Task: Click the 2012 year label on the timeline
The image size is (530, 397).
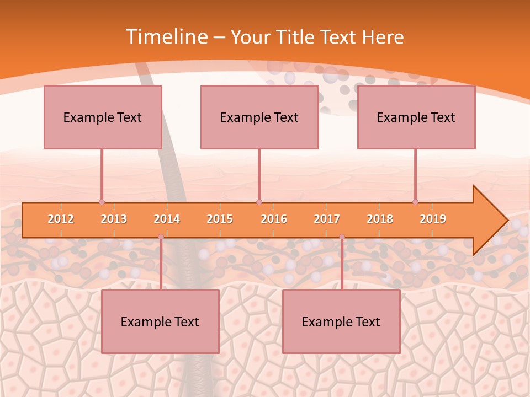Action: tap(61, 219)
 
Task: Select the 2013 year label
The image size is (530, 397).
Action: tap(114, 219)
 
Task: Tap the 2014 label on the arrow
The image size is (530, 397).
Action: tap(167, 219)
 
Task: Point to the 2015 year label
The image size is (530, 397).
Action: tap(220, 219)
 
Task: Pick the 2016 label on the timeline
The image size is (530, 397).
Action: tap(274, 219)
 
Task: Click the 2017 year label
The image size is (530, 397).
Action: tap(327, 219)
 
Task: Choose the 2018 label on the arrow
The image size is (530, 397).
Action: tap(380, 219)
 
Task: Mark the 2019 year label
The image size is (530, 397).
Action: tap(433, 219)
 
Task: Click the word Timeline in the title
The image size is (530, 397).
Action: tap(166, 37)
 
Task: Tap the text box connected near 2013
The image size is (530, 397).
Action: tap(103, 117)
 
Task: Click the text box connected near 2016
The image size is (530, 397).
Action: tap(259, 117)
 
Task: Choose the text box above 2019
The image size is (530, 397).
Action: tap(416, 117)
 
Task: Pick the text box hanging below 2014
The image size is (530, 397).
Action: tap(160, 321)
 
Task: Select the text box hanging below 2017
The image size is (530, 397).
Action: tap(341, 321)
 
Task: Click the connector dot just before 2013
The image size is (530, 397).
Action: tap(102, 202)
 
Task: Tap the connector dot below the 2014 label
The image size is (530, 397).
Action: tap(161, 237)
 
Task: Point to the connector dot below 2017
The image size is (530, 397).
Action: tap(342, 237)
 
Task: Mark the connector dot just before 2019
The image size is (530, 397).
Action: tap(415, 202)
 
